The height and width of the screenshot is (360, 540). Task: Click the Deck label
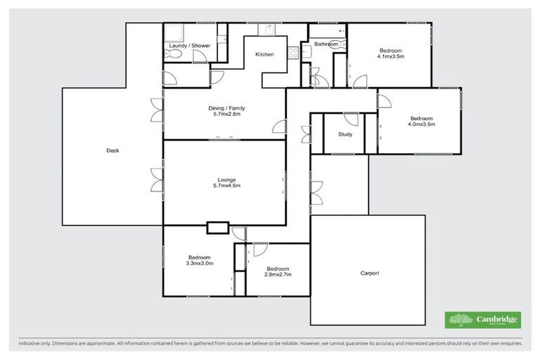pyautogui.click(x=112, y=150)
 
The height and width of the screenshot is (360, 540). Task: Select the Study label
pyautogui.click(x=345, y=134)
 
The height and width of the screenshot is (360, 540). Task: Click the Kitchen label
pyautogui.click(x=264, y=54)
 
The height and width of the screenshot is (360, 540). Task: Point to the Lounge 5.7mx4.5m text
pyautogui.click(x=226, y=182)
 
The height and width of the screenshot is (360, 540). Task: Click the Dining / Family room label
pyautogui.click(x=226, y=110)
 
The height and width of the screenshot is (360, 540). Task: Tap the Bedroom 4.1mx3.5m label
pyautogui.click(x=391, y=53)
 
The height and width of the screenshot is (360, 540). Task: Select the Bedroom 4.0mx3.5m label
pyautogui.click(x=422, y=121)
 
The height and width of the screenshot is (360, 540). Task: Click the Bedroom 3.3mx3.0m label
pyautogui.click(x=199, y=259)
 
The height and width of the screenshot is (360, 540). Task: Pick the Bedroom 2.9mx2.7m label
pyautogui.click(x=278, y=271)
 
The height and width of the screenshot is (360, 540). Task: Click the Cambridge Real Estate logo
pyautogui.click(x=483, y=320)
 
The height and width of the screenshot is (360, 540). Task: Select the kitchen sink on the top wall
pyautogui.click(x=269, y=30)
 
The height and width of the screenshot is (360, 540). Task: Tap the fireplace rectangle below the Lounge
pyautogui.click(x=218, y=227)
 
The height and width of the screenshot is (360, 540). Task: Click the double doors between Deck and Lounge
pyautogui.click(x=155, y=181)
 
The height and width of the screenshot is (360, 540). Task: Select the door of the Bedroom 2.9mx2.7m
pyautogui.click(x=259, y=249)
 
